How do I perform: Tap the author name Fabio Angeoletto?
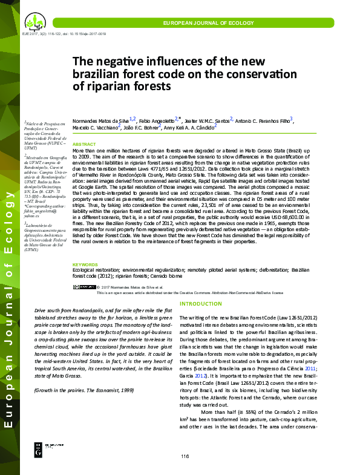pyautogui.click(x=159, y=120)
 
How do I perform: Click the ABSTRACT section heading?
pyautogui.click(x=84, y=144)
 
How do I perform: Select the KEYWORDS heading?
pyautogui.click(x=86, y=265)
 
